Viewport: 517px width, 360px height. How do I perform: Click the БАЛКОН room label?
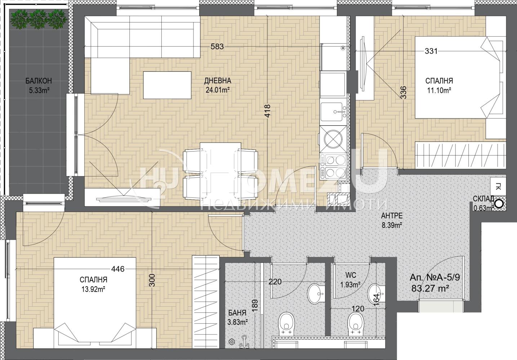click(x=39, y=81)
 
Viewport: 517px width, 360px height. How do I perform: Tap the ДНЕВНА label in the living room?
click(x=218, y=81)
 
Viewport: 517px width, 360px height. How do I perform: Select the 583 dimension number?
click(x=217, y=46)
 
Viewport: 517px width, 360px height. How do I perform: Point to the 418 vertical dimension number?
click(x=267, y=111)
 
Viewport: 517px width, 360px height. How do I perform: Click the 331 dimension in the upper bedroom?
click(x=431, y=51)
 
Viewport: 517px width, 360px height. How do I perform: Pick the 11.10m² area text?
click(x=439, y=90)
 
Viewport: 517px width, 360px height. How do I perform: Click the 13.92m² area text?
click(x=93, y=289)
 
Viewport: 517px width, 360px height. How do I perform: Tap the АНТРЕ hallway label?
click(x=392, y=216)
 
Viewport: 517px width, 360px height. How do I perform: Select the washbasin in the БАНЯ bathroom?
click(x=316, y=294)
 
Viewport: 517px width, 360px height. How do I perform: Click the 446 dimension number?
click(x=118, y=269)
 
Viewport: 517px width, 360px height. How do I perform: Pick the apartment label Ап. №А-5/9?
click(x=434, y=278)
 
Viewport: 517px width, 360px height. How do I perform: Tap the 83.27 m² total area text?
click(x=430, y=288)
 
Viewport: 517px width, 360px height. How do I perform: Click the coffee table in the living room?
click(x=167, y=85)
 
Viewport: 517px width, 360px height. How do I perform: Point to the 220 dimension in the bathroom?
click(x=275, y=282)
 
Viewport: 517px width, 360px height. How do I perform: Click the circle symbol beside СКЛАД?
click(x=499, y=204)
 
